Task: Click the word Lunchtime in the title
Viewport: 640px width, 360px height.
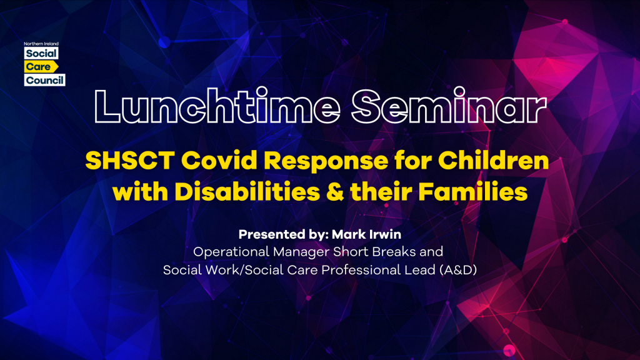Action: tap(217, 106)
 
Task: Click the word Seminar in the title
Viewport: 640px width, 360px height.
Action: tap(449, 106)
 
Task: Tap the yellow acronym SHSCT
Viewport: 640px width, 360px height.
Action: tap(130, 161)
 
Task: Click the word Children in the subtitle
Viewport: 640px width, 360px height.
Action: tap(494, 161)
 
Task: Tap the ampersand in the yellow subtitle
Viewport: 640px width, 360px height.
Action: tap(335, 192)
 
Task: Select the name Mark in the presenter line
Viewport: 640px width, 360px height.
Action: tap(348, 234)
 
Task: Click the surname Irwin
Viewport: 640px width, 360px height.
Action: tap(385, 234)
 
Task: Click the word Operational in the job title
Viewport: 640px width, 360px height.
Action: tap(231, 252)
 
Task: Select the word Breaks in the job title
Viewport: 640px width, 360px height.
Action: tap(394, 251)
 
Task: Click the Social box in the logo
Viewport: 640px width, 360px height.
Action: tap(41, 54)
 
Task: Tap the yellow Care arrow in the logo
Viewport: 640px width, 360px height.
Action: tap(41, 66)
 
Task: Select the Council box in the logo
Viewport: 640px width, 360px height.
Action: tap(45, 80)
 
